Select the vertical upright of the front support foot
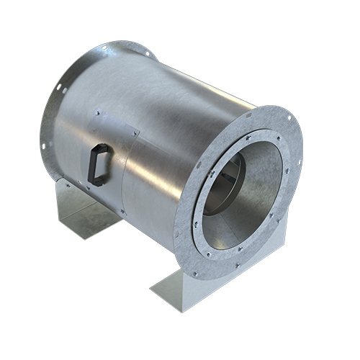238,277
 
